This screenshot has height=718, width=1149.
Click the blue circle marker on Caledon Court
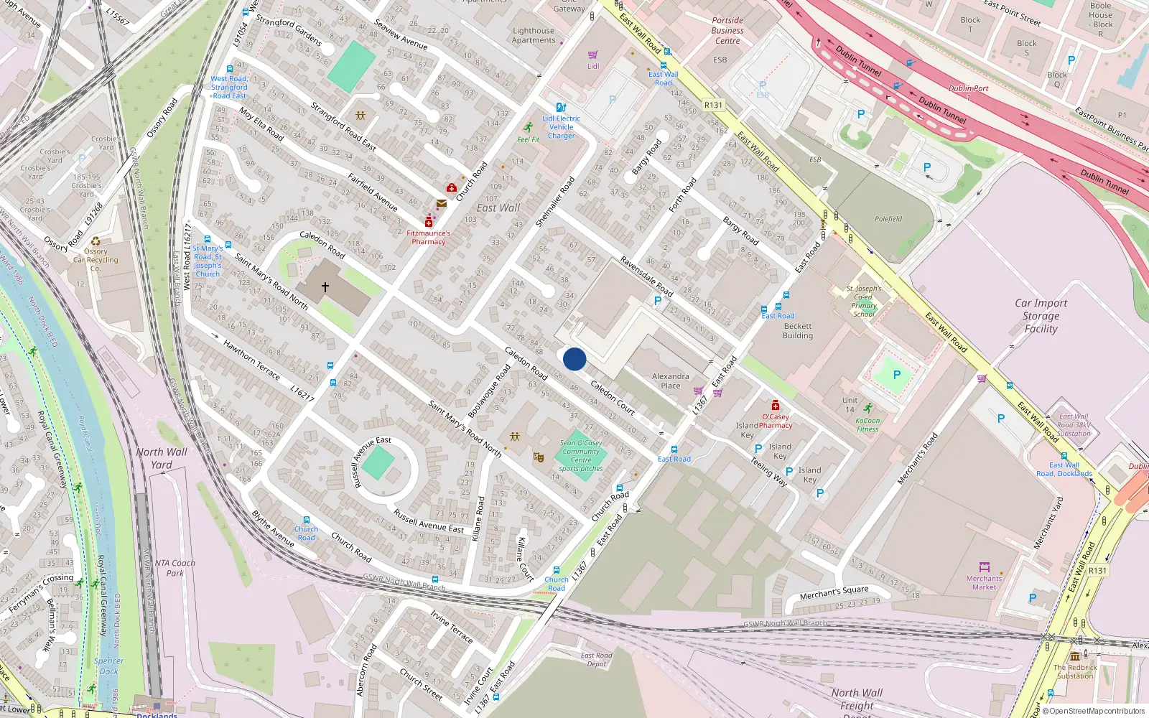tap(574, 359)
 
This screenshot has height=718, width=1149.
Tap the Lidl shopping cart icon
tap(592, 55)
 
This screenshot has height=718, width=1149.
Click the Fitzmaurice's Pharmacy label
tap(429, 238)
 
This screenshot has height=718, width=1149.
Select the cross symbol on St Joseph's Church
tap(325, 287)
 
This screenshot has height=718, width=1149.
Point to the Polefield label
tap(888, 219)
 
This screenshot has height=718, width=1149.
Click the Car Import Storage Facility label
tap(1041, 316)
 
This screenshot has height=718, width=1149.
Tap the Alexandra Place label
tap(670, 381)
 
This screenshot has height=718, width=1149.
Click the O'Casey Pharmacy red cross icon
tap(776, 406)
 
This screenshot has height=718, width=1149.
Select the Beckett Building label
tap(798, 331)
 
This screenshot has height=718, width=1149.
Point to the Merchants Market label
tap(984, 583)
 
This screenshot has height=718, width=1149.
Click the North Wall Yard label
tap(162, 458)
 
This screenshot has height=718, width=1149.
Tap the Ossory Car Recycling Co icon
tap(96, 241)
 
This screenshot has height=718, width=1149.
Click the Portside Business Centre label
tap(727, 31)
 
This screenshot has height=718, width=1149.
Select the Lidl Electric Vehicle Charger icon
tap(561, 108)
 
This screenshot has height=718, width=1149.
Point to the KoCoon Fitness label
tap(867, 425)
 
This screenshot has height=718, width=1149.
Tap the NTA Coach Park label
tap(175, 568)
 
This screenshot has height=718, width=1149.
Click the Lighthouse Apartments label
tap(534, 36)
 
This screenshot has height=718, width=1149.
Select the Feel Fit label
tap(528, 139)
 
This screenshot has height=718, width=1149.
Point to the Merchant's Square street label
tap(834, 592)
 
